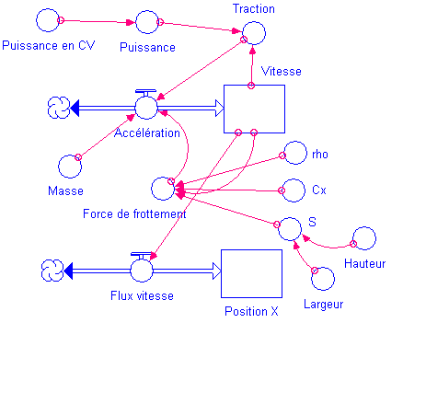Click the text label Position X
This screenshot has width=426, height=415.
pyautogui.click(x=251, y=311)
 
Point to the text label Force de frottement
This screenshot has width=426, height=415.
pyautogui.click(x=134, y=213)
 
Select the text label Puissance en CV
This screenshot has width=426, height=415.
pyautogui.click(x=49, y=45)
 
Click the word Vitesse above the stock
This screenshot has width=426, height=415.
pyautogui.click(x=282, y=71)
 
